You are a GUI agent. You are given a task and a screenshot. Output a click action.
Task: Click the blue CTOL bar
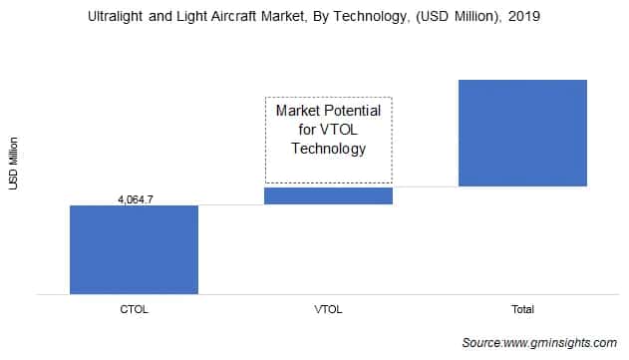coord(134,249)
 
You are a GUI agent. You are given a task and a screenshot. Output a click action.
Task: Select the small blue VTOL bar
coord(328,195)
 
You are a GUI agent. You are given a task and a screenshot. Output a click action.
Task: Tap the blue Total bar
coord(522,133)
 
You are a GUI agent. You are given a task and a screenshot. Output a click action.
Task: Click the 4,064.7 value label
coord(134,199)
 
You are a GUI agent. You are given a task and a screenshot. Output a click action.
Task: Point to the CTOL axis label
coord(134,310)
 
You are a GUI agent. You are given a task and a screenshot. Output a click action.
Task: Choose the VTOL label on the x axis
coord(328,310)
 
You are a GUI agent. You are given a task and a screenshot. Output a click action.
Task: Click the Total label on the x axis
coord(522,310)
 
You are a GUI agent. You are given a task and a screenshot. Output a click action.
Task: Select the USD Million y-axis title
coord(13,166)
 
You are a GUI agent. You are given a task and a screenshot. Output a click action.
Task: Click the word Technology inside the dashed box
coord(328,149)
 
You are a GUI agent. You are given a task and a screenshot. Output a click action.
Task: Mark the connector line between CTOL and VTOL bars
coord(231,204)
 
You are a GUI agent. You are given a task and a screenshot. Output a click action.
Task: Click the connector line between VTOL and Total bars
coord(426,186)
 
